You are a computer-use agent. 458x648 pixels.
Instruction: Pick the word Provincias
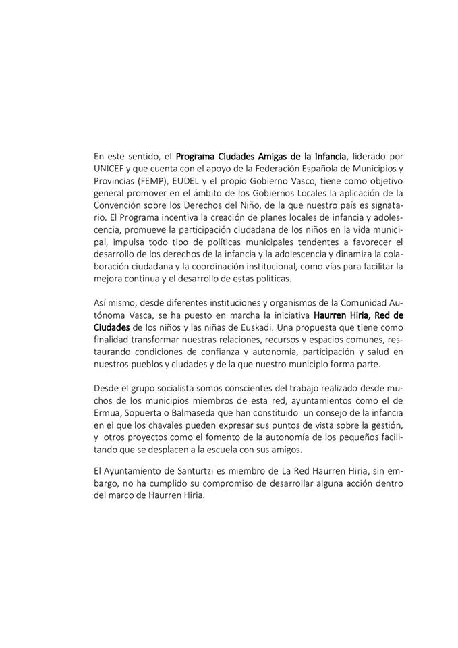click(x=117, y=182)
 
